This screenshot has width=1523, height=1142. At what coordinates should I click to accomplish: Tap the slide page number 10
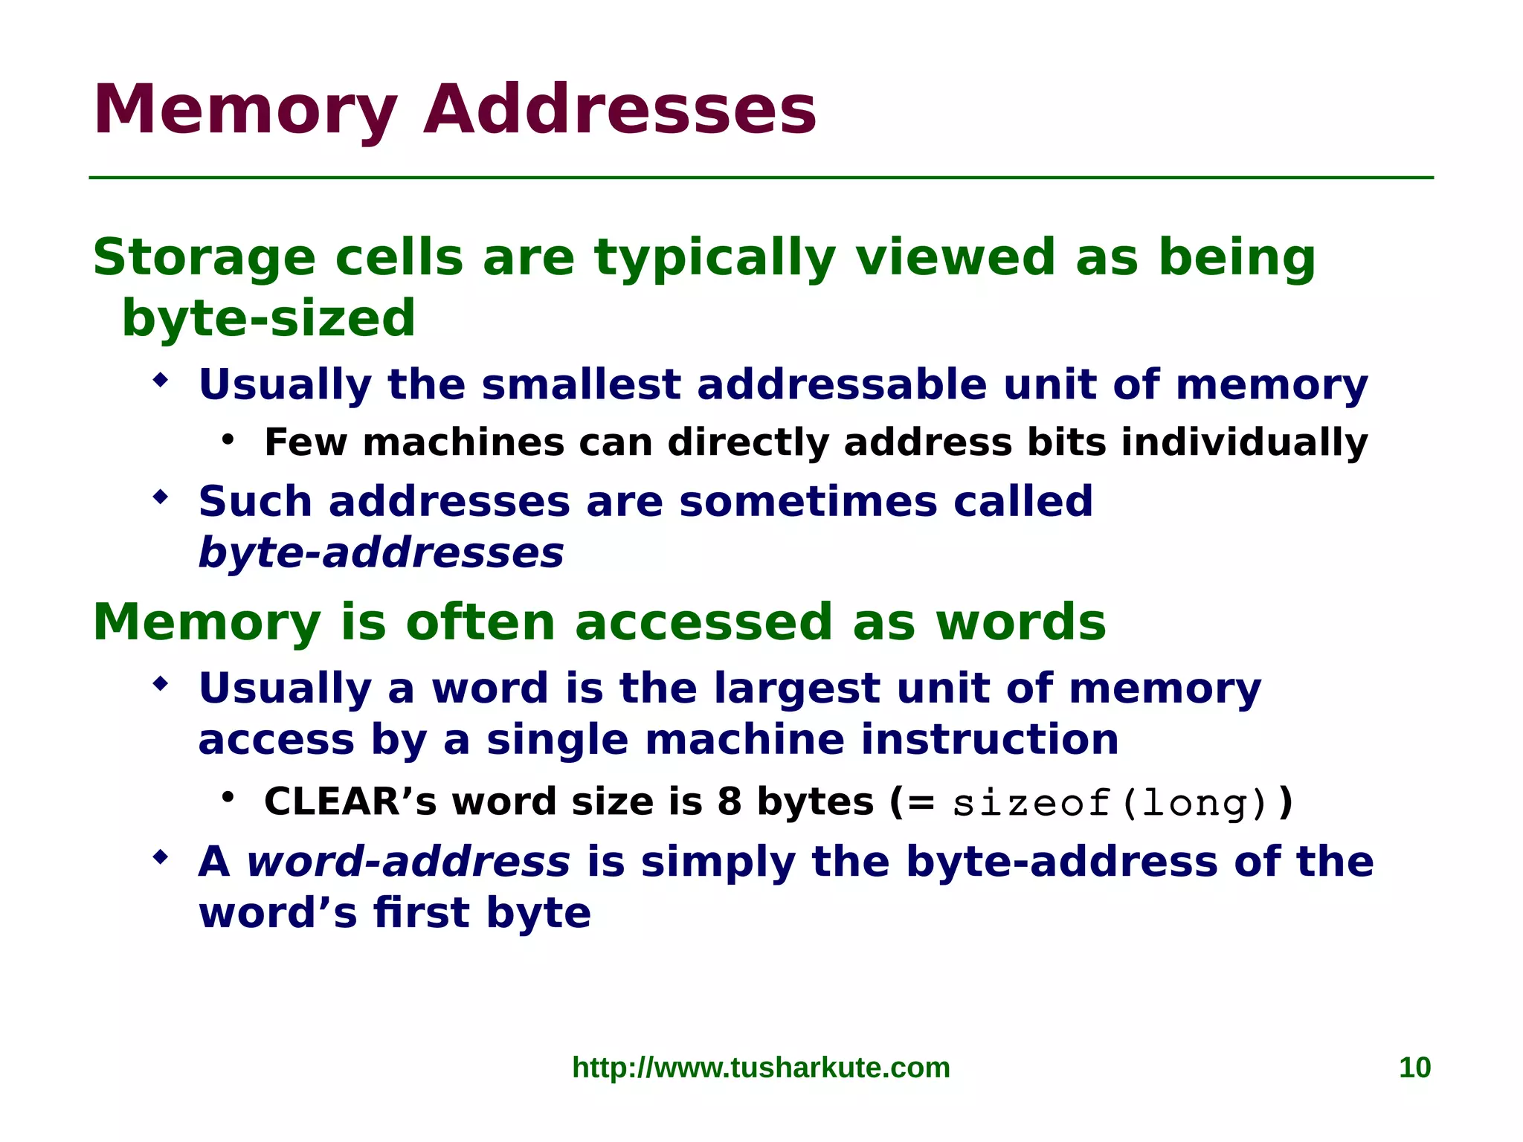[x=1414, y=1068]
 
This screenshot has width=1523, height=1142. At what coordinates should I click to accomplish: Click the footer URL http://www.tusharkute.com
[x=761, y=1068]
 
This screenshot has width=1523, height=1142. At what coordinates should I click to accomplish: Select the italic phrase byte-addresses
[x=381, y=554]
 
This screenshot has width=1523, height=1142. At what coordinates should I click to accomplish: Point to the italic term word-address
[x=408, y=862]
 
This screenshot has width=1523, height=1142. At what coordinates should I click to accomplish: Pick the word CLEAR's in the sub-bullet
[x=350, y=802]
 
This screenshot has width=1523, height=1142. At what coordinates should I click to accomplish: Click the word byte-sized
[x=268, y=318]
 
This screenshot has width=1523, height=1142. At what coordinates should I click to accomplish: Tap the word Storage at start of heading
[x=204, y=259]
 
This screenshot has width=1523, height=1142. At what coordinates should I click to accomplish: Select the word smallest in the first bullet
[x=581, y=385]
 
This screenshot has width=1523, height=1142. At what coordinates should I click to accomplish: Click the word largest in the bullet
[x=796, y=688]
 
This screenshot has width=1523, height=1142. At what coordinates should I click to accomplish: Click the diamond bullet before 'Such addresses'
[x=160, y=497]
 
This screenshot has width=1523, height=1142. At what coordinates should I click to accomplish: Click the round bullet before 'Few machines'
[x=228, y=439]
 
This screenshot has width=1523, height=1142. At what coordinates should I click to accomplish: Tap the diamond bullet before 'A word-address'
[x=160, y=857]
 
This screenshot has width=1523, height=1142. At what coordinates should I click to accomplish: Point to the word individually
[x=1244, y=443]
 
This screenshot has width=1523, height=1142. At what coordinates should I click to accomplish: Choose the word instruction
[x=989, y=741]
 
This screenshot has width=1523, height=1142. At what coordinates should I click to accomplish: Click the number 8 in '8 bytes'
[x=730, y=802]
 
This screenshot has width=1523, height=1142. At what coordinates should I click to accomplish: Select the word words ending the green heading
[x=1020, y=623]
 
